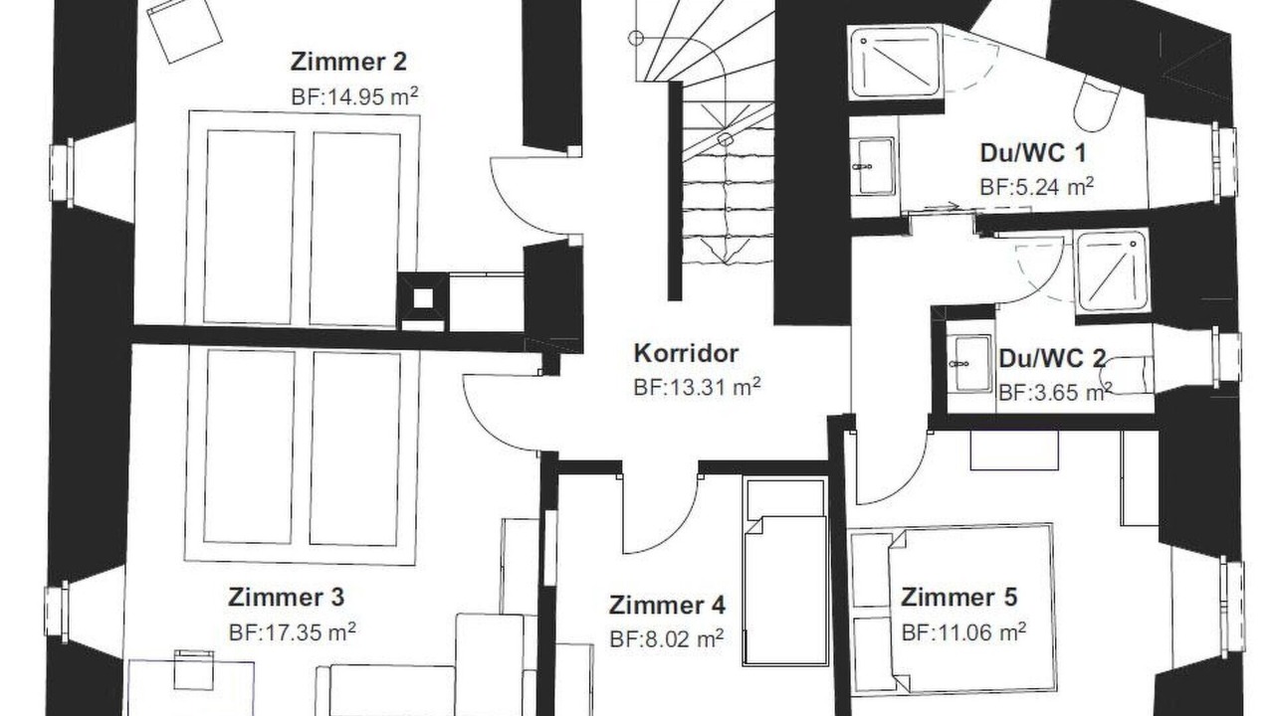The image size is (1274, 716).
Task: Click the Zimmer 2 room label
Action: click(348, 62)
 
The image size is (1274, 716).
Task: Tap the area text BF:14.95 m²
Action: click(354, 96)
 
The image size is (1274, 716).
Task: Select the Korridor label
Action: click(686, 353)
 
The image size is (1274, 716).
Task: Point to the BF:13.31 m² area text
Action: click(697, 387)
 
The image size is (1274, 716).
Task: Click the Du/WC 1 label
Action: click(1033, 153)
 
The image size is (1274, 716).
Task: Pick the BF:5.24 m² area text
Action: click(1037, 186)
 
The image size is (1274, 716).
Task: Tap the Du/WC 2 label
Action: click(1052, 359)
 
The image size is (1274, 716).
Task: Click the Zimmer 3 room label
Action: click(286, 598)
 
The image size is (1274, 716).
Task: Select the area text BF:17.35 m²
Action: click(293, 631)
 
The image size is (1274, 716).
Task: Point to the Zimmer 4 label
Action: click(667, 606)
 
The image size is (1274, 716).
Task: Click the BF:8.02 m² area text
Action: click(667, 639)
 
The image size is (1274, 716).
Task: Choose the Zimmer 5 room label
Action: click(958, 598)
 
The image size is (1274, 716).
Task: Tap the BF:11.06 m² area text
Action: click(964, 631)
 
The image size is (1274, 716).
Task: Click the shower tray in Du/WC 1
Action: click(895, 62)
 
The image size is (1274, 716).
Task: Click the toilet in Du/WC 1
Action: click(1097, 104)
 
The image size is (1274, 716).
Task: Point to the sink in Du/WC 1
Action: click(875, 166)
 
